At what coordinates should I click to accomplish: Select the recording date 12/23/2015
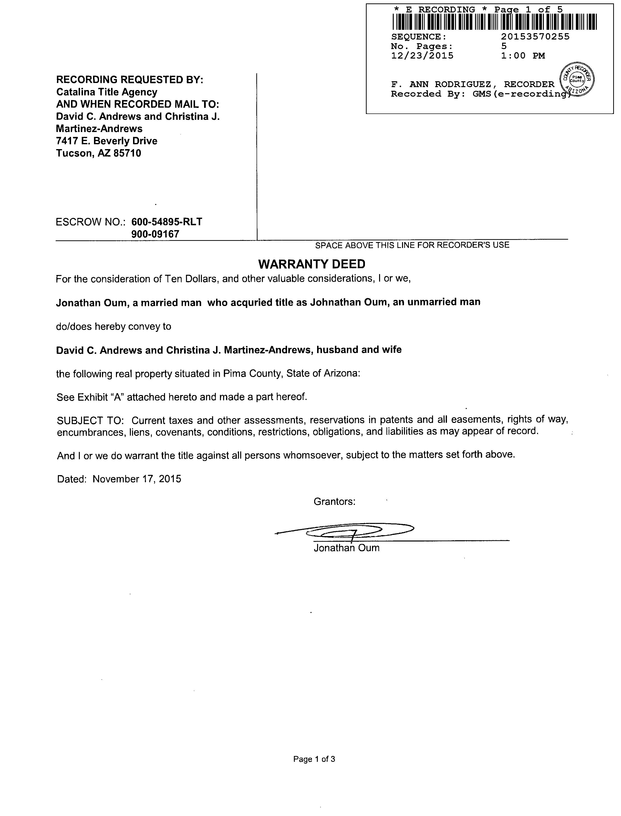pos(422,56)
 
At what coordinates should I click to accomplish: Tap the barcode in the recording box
pos(494,22)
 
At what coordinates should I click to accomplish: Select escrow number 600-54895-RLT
pos(167,222)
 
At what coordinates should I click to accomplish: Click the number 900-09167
pos(155,234)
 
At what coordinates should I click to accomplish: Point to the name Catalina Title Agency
pos(106,92)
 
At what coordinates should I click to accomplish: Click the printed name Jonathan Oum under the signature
pos(346,548)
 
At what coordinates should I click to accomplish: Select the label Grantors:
pos(334,501)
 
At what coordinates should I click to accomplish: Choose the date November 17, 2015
pos(137,479)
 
